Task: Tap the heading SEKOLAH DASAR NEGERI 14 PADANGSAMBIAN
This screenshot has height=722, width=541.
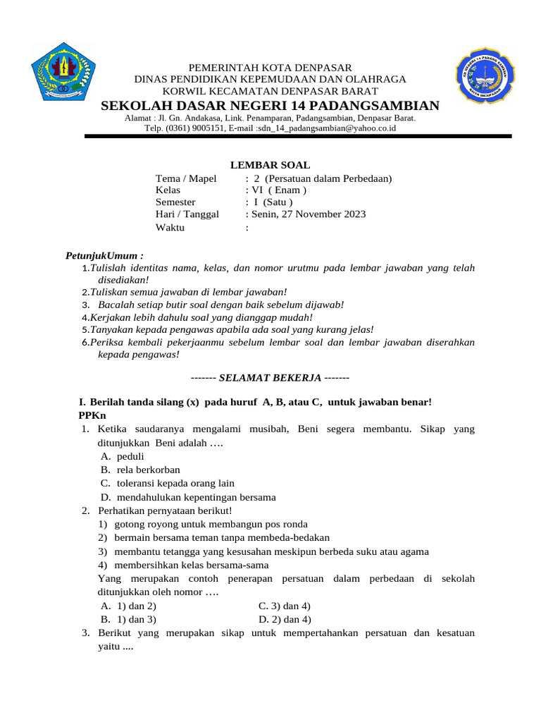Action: [x=270, y=106]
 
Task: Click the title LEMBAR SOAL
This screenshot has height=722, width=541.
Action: [x=270, y=165]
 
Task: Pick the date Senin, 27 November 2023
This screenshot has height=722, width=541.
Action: [x=309, y=214]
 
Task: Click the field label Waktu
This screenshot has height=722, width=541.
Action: [x=170, y=227]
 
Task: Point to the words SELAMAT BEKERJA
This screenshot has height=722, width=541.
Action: [x=270, y=377]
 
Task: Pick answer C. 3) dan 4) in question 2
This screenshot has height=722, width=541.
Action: [x=285, y=606]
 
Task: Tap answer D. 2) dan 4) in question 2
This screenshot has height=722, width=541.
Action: [x=285, y=619]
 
